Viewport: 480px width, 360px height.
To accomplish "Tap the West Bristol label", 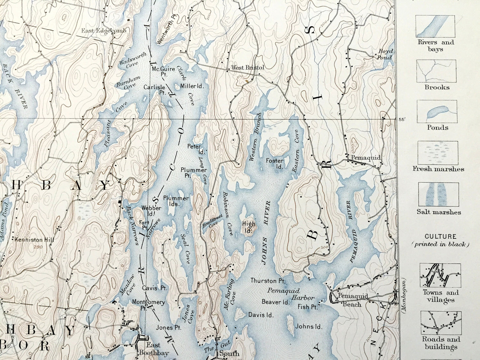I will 248,67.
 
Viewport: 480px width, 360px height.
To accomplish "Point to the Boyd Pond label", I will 385,54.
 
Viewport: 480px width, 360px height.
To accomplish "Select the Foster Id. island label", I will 275,163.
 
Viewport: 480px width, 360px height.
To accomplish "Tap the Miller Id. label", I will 192,86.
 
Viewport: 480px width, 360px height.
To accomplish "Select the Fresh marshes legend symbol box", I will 438,152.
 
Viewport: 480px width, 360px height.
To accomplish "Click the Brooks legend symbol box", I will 436,71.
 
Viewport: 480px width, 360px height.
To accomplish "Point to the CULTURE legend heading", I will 440,237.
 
